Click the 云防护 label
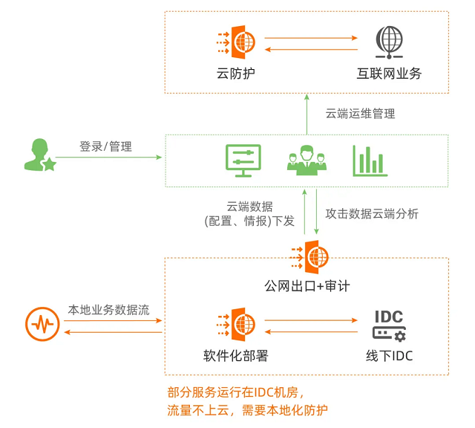(235, 74)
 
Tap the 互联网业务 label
(389, 74)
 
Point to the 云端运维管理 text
(360, 114)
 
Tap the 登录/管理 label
(105, 146)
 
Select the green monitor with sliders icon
(243, 160)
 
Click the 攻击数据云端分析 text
(372, 213)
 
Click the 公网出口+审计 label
(307, 285)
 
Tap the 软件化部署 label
(235, 355)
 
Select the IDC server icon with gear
(389, 325)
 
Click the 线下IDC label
(389, 355)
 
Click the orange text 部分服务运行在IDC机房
(235, 392)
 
